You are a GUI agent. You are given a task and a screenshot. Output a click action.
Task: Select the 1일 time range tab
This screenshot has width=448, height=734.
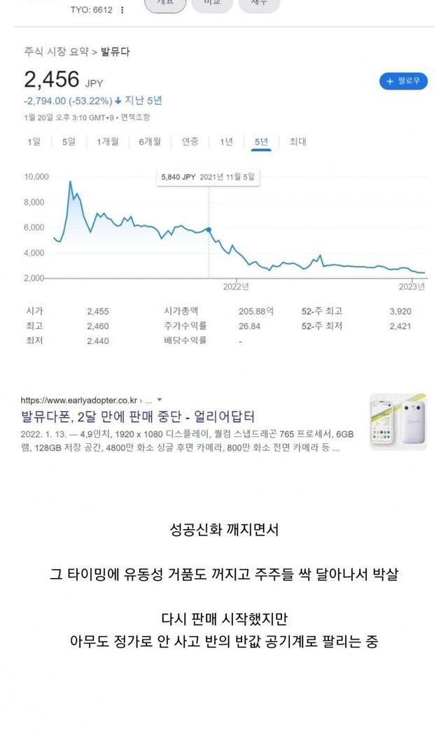[x=34, y=142]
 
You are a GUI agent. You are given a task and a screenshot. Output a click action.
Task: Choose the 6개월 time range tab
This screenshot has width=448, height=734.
[x=150, y=142]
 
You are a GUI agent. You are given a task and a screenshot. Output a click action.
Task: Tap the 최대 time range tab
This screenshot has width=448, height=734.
[x=297, y=142]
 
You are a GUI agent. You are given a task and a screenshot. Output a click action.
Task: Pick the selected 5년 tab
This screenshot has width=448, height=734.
[x=261, y=142]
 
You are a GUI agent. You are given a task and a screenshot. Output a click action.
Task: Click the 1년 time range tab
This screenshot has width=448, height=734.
[x=226, y=142]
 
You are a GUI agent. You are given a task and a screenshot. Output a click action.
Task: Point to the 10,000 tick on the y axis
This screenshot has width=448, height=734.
[x=36, y=177]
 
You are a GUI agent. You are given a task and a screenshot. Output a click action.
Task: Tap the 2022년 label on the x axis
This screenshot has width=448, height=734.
[x=236, y=287]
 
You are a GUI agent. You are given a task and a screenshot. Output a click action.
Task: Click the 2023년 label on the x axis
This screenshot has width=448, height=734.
[x=412, y=287]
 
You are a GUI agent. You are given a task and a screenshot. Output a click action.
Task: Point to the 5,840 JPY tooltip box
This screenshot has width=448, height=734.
[x=208, y=178]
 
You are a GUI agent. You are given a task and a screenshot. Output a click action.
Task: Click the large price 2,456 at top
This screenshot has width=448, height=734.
[x=52, y=79]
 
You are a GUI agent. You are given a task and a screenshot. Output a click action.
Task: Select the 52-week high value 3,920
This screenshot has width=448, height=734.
[x=400, y=311]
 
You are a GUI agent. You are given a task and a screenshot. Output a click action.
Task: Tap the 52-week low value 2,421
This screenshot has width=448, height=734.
[x=400, y=326]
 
